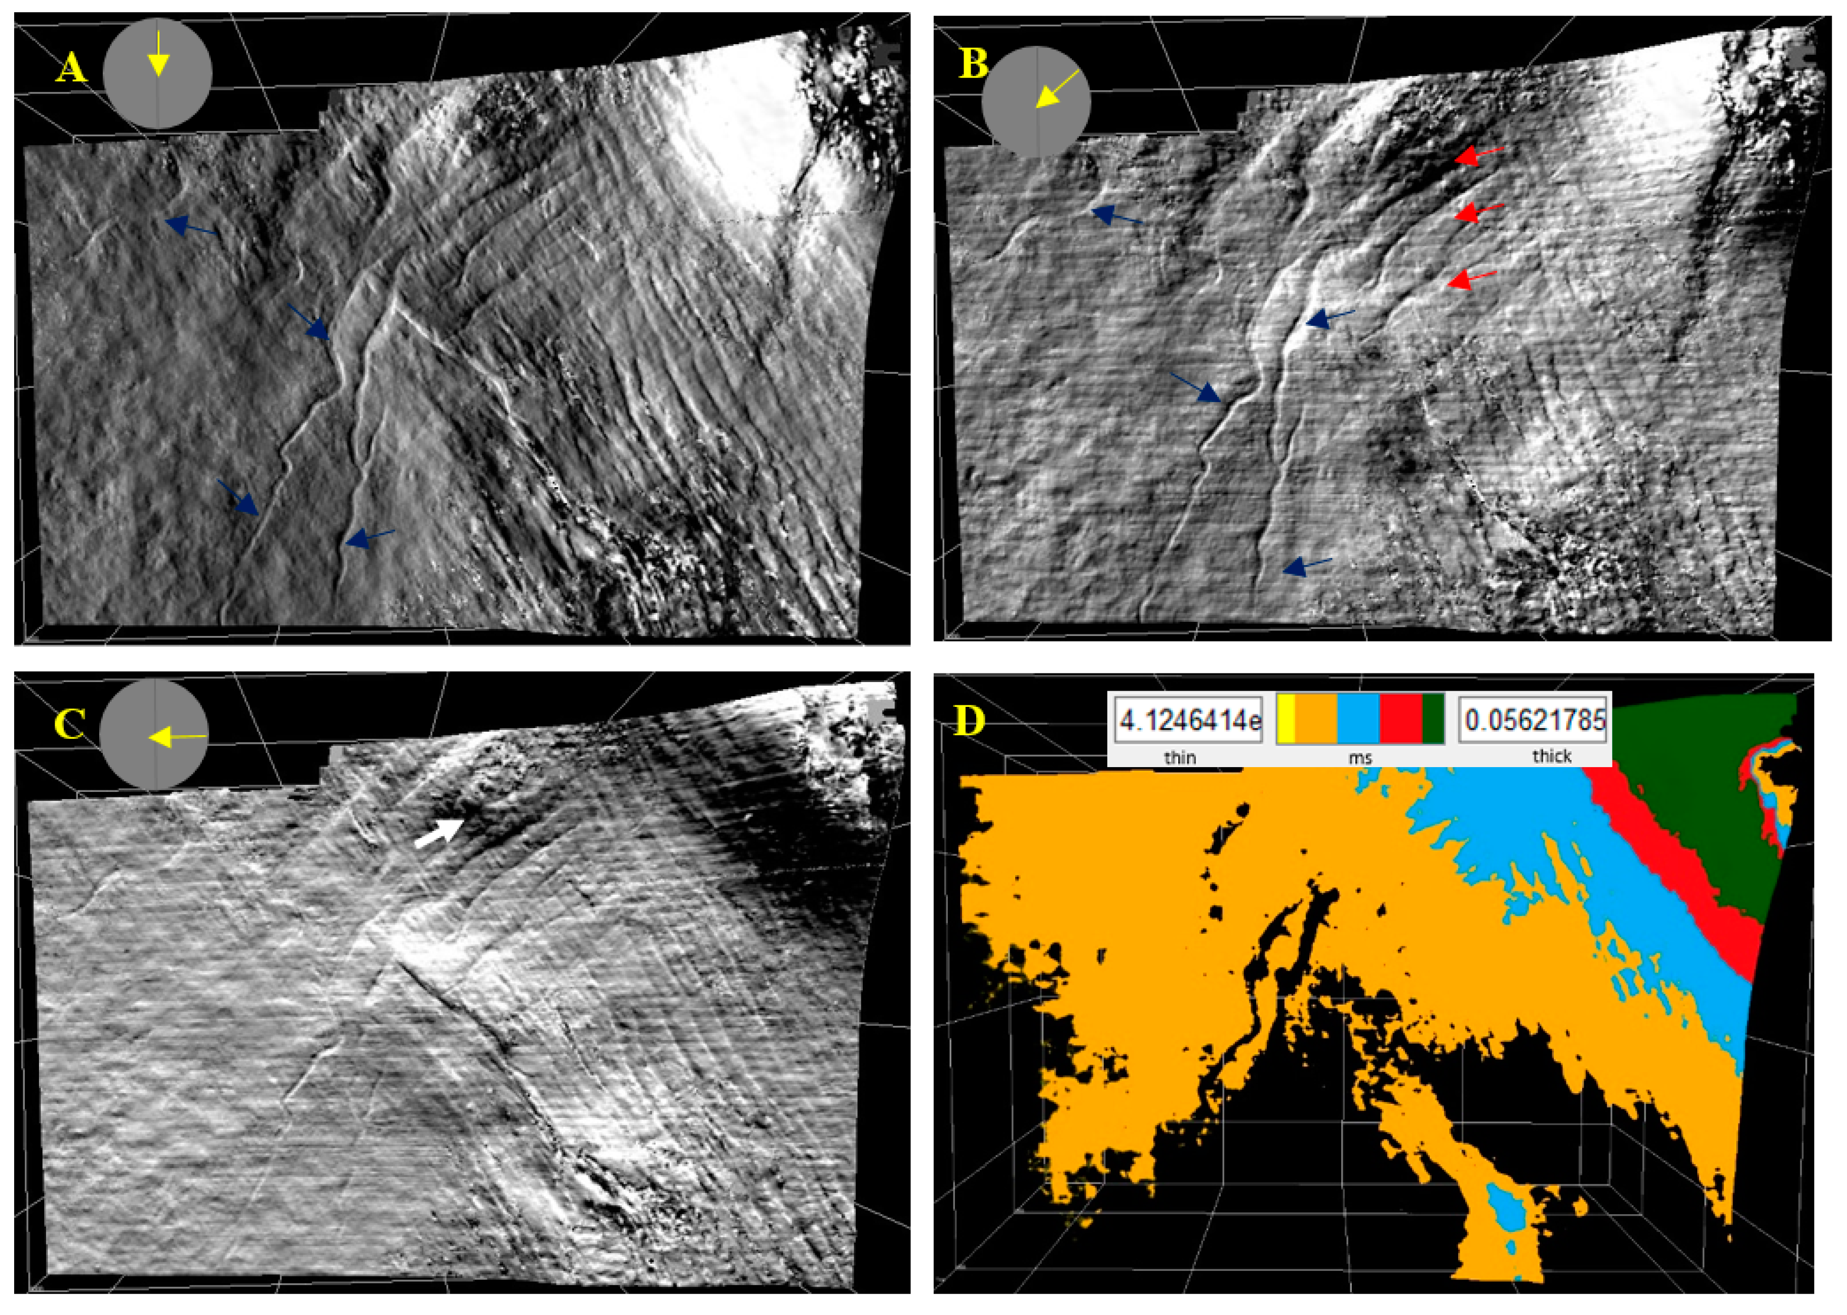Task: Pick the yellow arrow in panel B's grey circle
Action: pyautogui.click(x=1058, y=89)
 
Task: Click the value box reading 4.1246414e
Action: pyautogui.click(x=1188, y=719)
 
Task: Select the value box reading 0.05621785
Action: pyautogui.click(x=1535, y=719)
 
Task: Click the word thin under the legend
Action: pyautogui.click(x=1180, y=757)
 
